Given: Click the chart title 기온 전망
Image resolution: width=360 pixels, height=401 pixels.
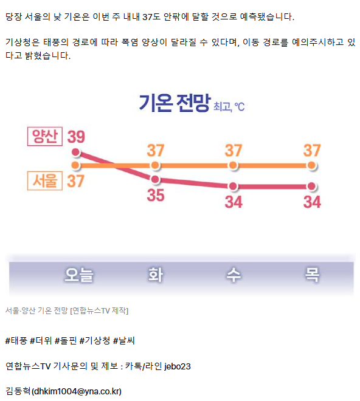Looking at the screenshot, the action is (x=175, y=103).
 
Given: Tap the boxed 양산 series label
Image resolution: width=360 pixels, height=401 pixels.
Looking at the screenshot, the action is (x=45, y=136).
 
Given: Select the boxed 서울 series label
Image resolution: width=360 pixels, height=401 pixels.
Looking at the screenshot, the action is (x=45, y=181).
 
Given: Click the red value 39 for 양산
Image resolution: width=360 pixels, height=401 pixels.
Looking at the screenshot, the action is (x=76, y=137).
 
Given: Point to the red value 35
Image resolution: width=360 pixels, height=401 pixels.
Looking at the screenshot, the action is (x=156, y=196).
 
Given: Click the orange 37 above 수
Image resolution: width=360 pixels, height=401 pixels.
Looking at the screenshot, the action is (x=234, y=151).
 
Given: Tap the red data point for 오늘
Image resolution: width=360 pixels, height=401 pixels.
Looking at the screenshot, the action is (x=76, y=153).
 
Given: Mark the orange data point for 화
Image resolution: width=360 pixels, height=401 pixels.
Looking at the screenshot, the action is (x=155, y=165).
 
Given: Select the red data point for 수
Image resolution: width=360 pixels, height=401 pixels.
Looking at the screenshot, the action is (x=234, y=186).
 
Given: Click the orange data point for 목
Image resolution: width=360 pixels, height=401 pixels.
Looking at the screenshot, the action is (x=311, y=165).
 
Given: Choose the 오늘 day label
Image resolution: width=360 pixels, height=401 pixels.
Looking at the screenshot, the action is (x=79, y=275).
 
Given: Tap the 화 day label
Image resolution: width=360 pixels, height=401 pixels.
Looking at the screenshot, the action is (x=156, y=275).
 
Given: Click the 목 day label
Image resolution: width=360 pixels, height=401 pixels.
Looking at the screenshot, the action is (x=312, y=275).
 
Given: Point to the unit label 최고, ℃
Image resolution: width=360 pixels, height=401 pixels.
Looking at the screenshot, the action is (x=229, y=107).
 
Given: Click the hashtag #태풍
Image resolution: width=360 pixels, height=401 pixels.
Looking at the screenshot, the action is (x=16, y=341).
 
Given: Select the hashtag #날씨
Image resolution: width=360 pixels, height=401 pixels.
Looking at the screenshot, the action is (x=124, y=341).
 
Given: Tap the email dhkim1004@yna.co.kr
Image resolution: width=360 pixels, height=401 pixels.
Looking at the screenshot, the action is (x=76, y=391).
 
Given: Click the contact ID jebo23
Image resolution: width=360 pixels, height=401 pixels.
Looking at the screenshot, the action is (x=178, y=366).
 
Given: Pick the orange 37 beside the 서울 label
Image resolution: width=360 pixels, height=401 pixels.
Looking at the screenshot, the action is (x=76, y=181).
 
